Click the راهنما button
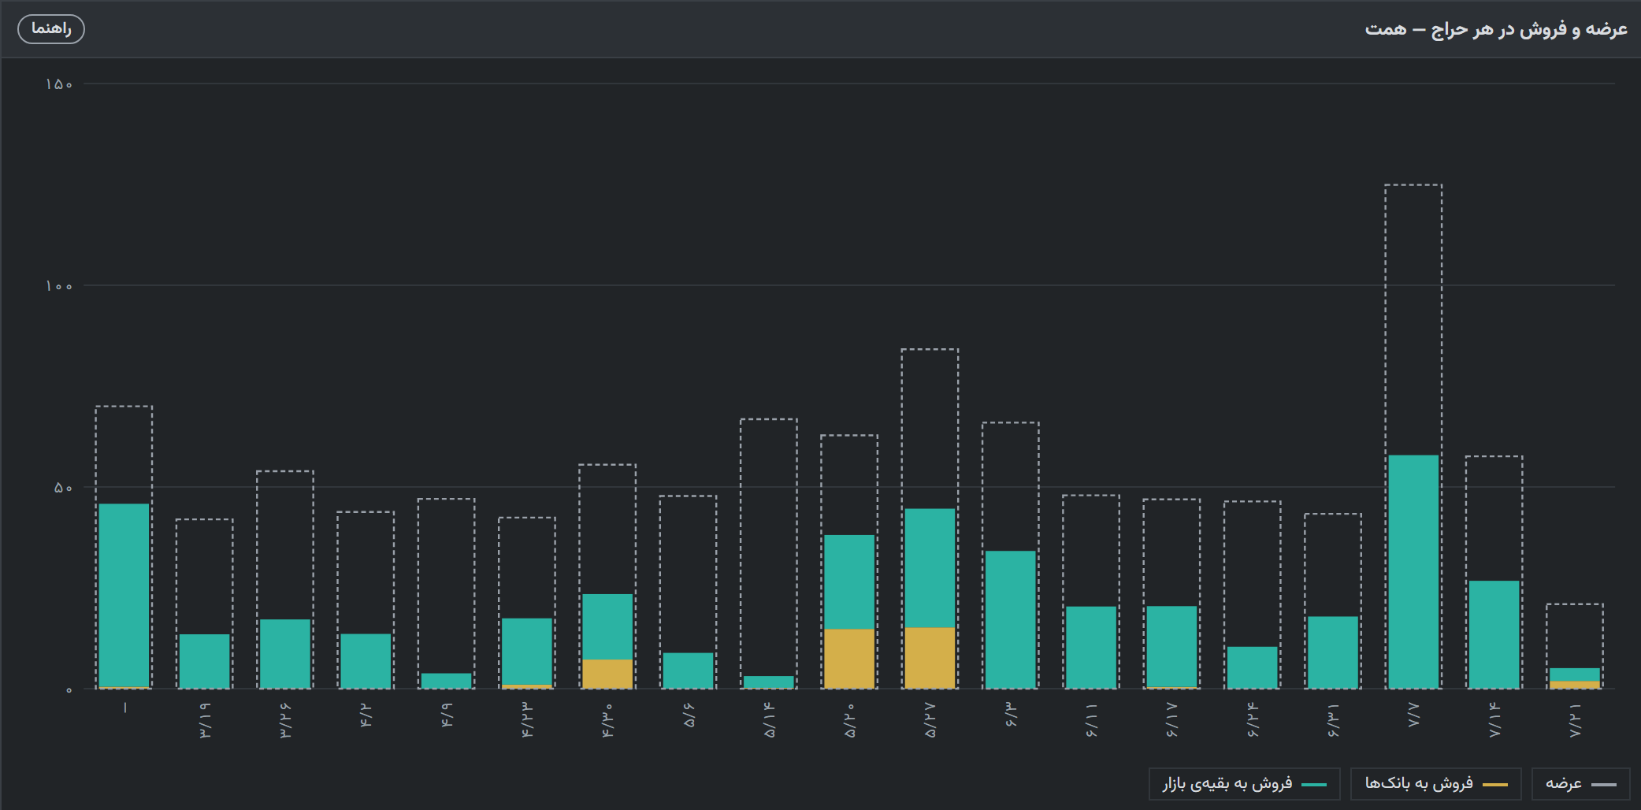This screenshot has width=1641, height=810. [x=51, y=29]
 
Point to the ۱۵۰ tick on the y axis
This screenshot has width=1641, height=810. [x=59, y=84]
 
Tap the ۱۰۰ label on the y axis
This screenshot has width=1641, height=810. [x=59, y=286]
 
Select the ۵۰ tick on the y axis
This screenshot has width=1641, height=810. [x=63, y=488]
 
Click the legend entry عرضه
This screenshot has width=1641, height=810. [x=1580, y=784]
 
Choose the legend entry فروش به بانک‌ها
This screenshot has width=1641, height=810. [x=1435, y=784]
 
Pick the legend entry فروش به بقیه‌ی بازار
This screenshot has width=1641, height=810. [x=1244, y=784]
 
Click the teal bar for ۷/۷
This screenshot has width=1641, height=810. [x=1413, y=572]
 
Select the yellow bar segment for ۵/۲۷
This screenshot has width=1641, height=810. [x=930, y=658]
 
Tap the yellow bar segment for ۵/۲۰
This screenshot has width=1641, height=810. [x=849, y=659]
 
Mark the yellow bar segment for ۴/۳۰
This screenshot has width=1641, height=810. [x=607, y=674]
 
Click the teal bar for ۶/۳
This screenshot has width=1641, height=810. [x=1011, y=620]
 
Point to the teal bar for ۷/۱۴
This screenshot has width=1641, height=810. [x=1494, y=635]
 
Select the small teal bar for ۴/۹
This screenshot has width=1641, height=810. [x=446, y=681]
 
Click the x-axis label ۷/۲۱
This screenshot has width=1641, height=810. [x=1575, y=720]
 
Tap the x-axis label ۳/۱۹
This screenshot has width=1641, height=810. [x=205, y=720]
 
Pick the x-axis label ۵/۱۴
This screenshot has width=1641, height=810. [x=769, y=720]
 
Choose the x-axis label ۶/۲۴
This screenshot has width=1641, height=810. [x=1253, y=720]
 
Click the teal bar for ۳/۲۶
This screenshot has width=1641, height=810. [x=285, y=654]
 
